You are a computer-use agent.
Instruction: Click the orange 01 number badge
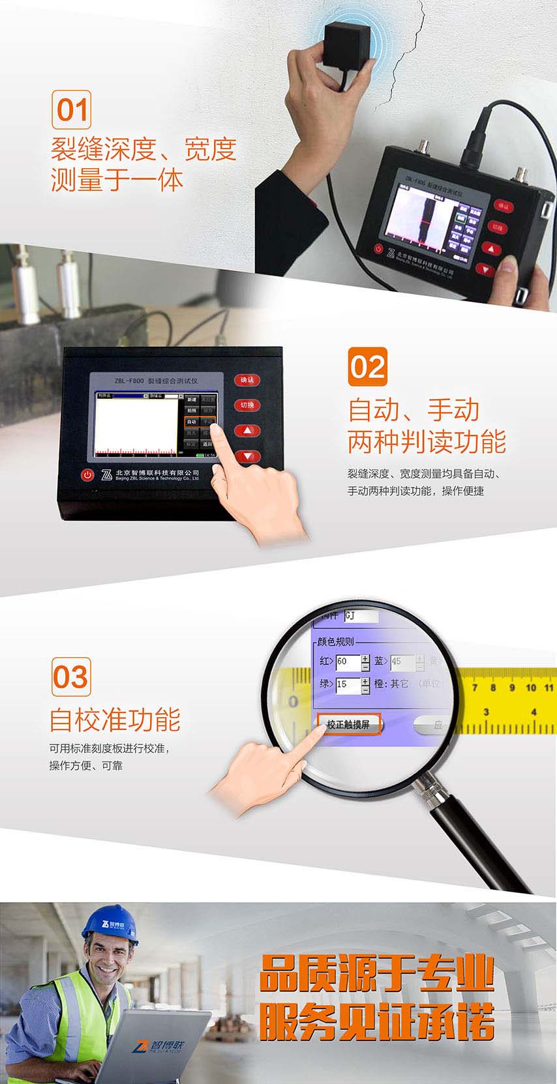pyautogui.click(x=71, y=110)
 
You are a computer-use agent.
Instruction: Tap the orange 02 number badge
pyautogui.click(x=367, y=367)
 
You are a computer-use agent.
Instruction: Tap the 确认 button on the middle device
pyautogui.click(x=247, y=380)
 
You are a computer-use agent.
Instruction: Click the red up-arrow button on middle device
pyautogui.click(x=247, y=431)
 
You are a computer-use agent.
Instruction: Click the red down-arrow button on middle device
pyautogui.click(x=247, y=456)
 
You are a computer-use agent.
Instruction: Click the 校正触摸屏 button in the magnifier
pyautogui.click(x=349, y=724)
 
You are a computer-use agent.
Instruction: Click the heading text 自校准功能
pyautogui.click(x=115, y=720)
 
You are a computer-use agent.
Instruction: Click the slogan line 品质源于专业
pyautogui.click(x=376, y=974)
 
